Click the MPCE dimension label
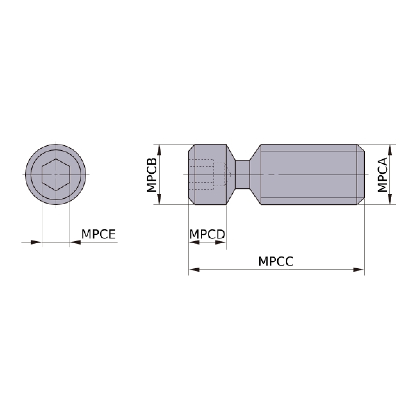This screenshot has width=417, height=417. click(x=98, y=234)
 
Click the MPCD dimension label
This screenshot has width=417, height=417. click(x=207, y=234)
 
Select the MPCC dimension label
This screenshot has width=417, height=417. click(x=276, y=261)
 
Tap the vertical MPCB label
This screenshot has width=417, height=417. click(x=152, y=175)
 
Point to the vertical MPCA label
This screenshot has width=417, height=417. click(x=383, y=175)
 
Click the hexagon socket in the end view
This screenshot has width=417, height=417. click(x=56, y=175)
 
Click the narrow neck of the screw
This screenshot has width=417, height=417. click(x=243, y=174)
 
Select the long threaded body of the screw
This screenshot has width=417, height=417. click(x=309, y=174)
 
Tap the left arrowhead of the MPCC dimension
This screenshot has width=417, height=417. click(x=194, y=270)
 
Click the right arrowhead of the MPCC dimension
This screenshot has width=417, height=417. click(x=359, y=270)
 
